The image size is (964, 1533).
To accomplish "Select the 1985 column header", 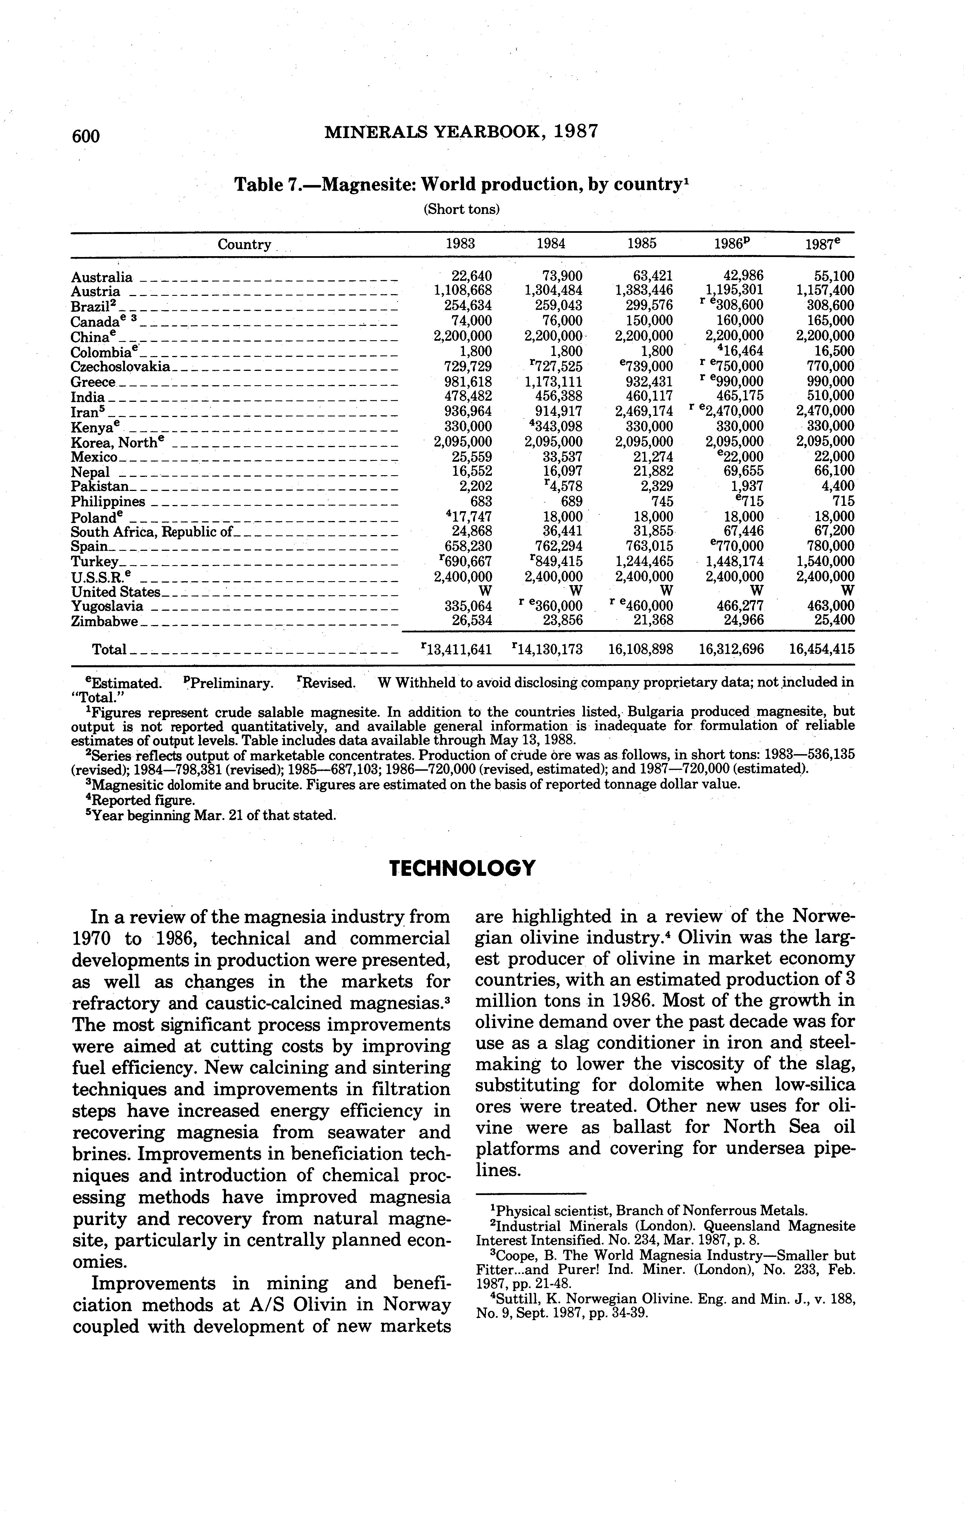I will pos(642,243).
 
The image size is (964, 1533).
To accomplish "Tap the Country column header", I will pos(244,244).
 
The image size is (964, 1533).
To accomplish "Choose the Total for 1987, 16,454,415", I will pos(821,649).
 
